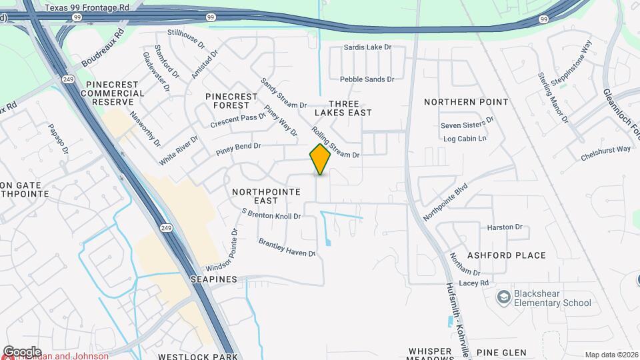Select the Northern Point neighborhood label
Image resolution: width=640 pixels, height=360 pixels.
coord(467,102)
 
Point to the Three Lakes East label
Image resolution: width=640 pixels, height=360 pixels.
coord(349,109)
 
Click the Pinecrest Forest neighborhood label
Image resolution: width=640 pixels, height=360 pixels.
coord(231,101)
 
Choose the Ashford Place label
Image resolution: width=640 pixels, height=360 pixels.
coord(507,255)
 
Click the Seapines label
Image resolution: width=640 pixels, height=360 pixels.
coord(213,279)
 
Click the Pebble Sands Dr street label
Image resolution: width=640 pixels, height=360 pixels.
coord(367,79)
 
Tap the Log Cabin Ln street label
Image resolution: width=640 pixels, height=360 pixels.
coord(464,139)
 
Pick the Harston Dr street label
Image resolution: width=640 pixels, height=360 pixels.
coord(505,227)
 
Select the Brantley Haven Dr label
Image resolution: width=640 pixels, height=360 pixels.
coord(287,248)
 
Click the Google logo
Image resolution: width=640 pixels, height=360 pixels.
coord(22,351)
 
